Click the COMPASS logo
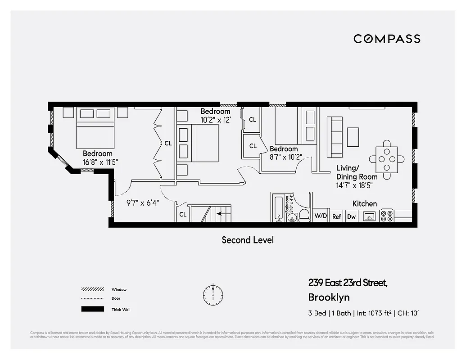(x=387, y=39)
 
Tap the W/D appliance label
(x=321, y=216)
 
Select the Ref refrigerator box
(x=337, y=216)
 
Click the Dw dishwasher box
(x=351, y=216)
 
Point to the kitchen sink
(x=370, y=216)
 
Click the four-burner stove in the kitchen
(x=387, y=216)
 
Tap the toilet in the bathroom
(x=304, y=215)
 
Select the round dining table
(x=387, y=159)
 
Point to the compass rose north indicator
(x=213, y=294)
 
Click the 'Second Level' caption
(x=248, y=240)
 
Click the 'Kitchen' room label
(x=364, y=203)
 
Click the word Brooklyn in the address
(x=329, y=297)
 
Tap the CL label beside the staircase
(x=183, y=215)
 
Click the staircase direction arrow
(x=221, y=214)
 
